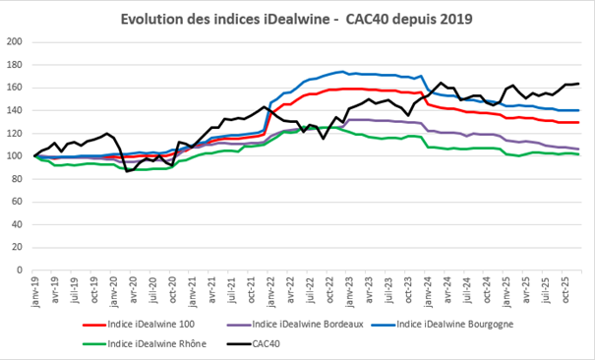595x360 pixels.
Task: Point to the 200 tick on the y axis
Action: click(15, 41)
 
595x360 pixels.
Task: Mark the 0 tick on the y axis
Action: click(20, 270)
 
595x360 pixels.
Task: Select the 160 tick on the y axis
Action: click(15, 88)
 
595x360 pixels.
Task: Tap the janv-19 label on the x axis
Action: click(35, 293)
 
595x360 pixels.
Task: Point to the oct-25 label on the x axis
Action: click(567, 293)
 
